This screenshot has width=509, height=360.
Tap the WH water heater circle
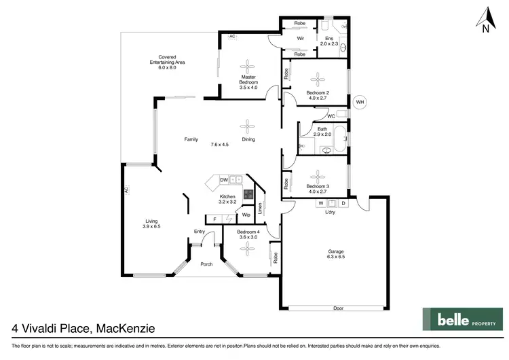360,103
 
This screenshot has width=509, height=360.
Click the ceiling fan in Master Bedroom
248,67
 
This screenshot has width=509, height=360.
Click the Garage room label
336,254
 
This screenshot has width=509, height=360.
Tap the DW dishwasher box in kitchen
223,180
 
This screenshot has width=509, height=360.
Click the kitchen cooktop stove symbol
248,194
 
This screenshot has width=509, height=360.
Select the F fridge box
215,219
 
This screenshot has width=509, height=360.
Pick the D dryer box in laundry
343,203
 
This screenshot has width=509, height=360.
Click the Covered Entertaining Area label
167,62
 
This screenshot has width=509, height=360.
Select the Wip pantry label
246,215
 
